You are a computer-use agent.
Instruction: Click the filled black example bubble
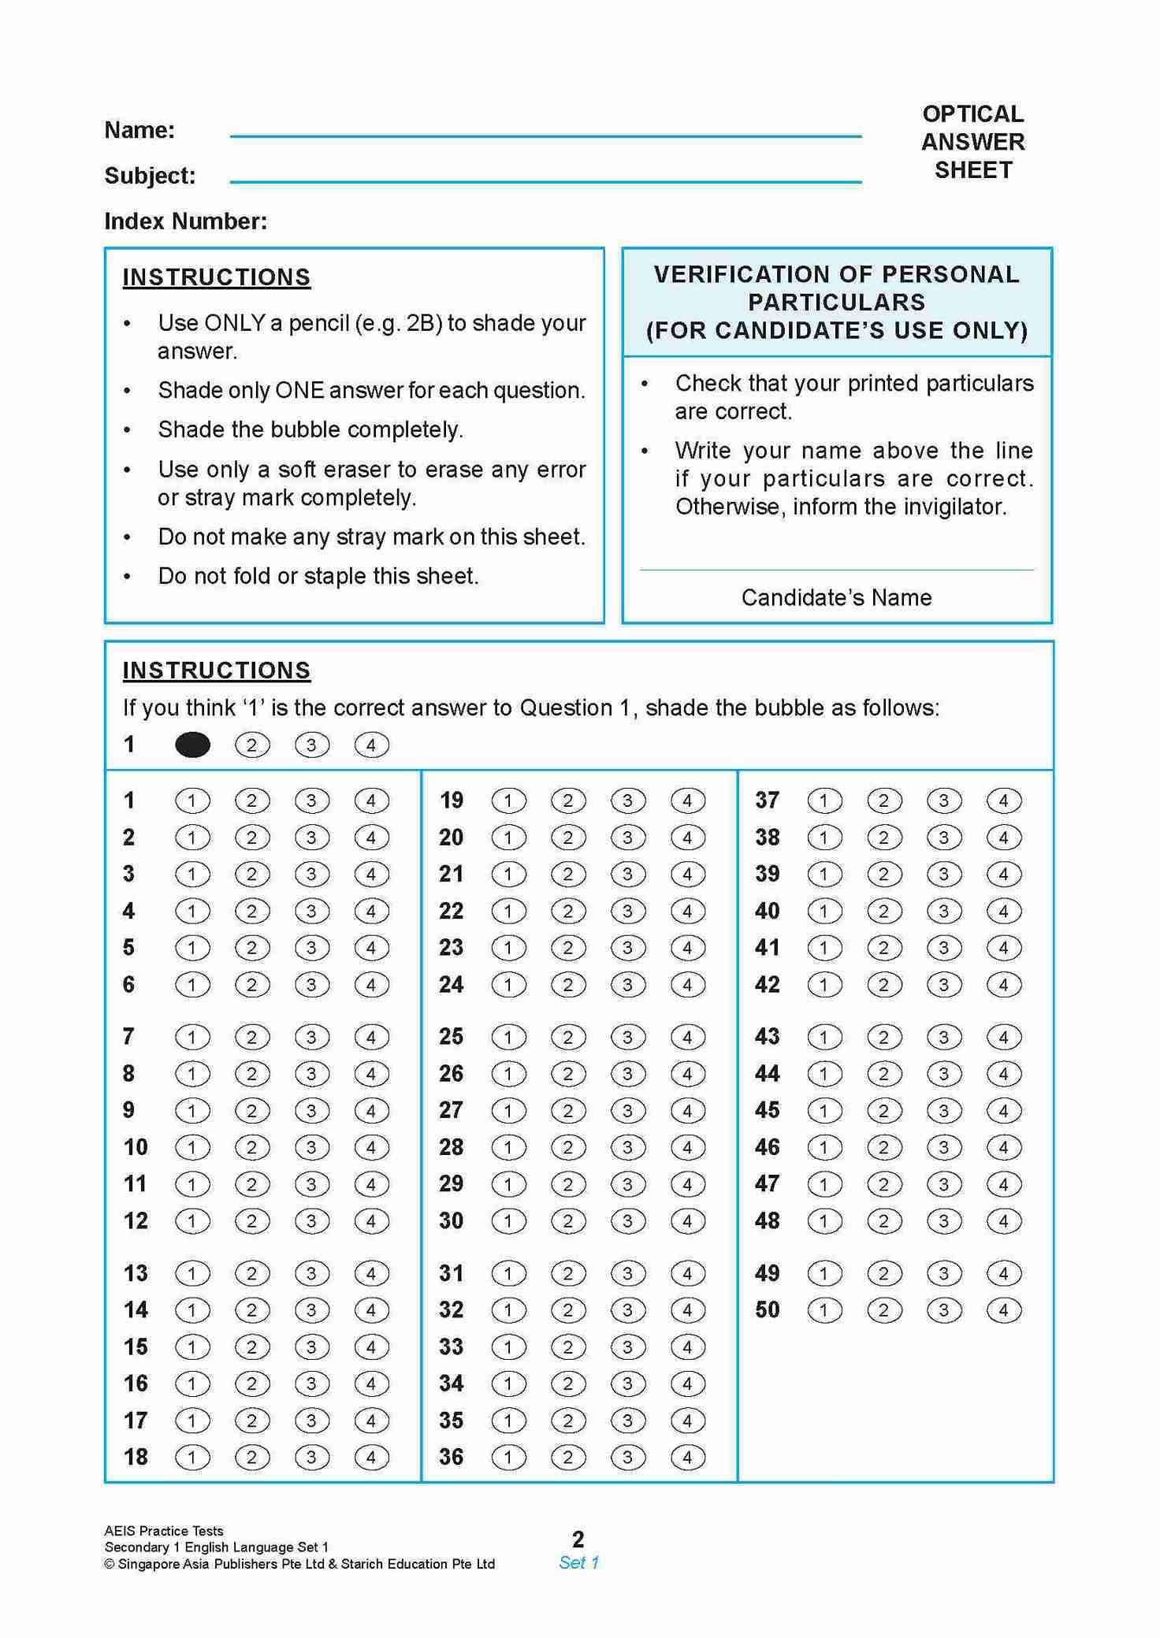192,745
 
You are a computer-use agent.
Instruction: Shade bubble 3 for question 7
311,1037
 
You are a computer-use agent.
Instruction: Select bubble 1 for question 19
508,801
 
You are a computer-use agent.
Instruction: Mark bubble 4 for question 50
1003,1310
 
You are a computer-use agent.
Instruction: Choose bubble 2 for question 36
568,1458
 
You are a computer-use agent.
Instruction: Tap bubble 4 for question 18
371,1458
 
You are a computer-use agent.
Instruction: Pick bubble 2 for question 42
883,985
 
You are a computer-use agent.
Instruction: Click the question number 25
451,1037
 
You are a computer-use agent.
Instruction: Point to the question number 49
767,1273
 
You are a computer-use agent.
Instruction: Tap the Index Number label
185,221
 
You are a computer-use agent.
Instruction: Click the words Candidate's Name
836,597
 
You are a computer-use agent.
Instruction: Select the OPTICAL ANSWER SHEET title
973,142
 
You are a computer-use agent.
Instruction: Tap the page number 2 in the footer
578,1539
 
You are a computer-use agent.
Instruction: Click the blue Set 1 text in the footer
578,1562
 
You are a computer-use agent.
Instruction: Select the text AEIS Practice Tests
164,1531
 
